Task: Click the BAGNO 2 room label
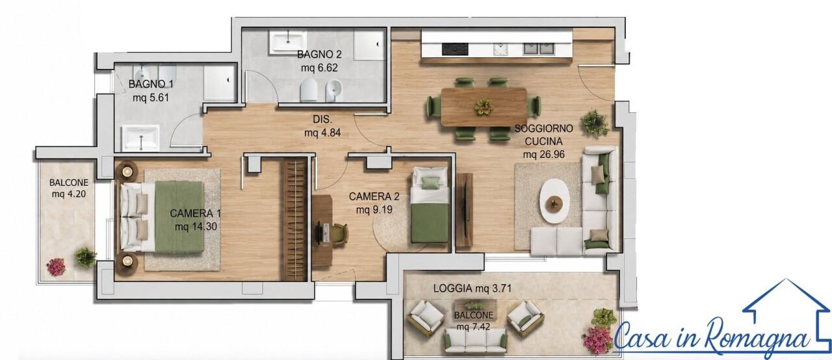click(x=319, y=55)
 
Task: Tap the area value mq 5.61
click(x=151, y=98)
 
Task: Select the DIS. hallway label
click(x=322, y=119)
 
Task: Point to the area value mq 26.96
click(x=544, y=155)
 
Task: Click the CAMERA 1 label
click(x=196, y=213)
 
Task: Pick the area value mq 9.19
click(x=374, y=210)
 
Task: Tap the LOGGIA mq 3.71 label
click(x=472, y=289)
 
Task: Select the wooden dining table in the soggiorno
click(x=484, y=107)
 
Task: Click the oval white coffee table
click(x=554, y=201)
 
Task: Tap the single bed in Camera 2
click(x=430, y=205)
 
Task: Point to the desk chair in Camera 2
click(x=339, y=234)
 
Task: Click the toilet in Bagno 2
click(x=308, y=90)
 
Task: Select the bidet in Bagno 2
click(x=334, y=90)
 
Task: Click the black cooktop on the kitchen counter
click(x=454, y=49)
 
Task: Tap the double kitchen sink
click(x=539, y=48)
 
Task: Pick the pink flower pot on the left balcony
click(x=56, y=267)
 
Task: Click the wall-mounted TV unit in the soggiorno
click(x=464, y=210)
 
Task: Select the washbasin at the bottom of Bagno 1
click(x=141, y=138)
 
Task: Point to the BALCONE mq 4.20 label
click(x=69, y=188)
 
